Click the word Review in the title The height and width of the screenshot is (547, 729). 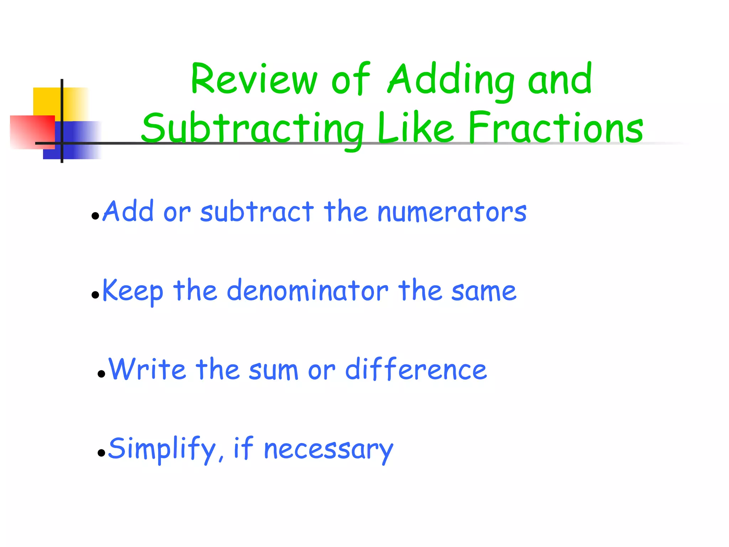[253, 79]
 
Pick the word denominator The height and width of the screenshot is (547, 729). [308, 291]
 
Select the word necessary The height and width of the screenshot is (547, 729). [329, 449]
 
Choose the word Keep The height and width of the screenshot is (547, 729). [133, 291]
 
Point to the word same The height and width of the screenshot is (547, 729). [484, 291]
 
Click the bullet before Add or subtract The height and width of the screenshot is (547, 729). [95, 216]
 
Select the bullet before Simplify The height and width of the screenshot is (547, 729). [101, 453]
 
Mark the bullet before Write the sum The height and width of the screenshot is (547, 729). [101, 374]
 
